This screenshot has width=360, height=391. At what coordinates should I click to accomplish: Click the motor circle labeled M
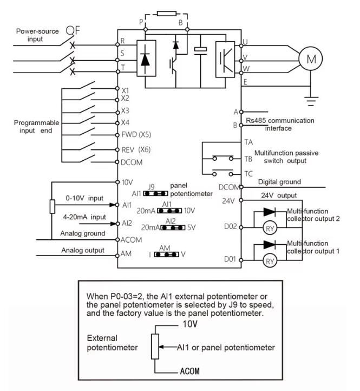pyautogui.click(x=311, y=59)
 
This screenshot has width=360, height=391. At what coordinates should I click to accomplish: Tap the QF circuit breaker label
pyautogui.click(x=73, y=31)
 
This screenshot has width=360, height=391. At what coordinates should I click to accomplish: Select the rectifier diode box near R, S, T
pyautogui.click(x=146, y=58)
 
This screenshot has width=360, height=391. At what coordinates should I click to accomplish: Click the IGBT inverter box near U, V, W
pyautogui.click(x=225, y=60)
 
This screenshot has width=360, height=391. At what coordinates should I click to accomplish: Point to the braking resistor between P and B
pyautogui.click(x=167, y=13)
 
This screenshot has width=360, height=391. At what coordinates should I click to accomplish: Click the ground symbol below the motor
pyautogui.click(x=311, y=101)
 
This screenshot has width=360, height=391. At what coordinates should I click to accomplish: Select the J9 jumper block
pyautogui.click(x=155, y=193)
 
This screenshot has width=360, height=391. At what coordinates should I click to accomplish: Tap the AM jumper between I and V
pyautogui.click(x=167, y=255)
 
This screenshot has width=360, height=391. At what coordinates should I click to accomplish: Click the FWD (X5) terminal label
pyautogui.click(x=136, y=135)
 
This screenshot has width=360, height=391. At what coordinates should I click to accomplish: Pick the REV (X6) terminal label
pyautogui.click(x=136, y=149)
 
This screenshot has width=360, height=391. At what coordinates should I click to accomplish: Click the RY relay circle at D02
pyautogui.click(x=270, y=229)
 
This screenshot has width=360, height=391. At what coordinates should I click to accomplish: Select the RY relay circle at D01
pyautogui.click(x=270, y=261)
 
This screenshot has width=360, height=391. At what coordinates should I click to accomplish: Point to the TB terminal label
pyautogui.click(x=248, y=159)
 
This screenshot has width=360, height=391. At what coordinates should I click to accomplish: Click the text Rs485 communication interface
pyautogui.click(x=280, y=124)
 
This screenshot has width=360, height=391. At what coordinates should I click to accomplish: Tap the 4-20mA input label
pyautogui.click(x=84, y=217)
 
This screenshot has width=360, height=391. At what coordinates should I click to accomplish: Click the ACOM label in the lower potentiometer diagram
pyautogui.click(x=189, y=371)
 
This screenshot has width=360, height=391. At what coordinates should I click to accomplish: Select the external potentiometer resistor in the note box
pyautogui.click(x=155, y=347)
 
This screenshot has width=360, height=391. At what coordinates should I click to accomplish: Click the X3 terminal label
pyautogui.click(x=125, y=110)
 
